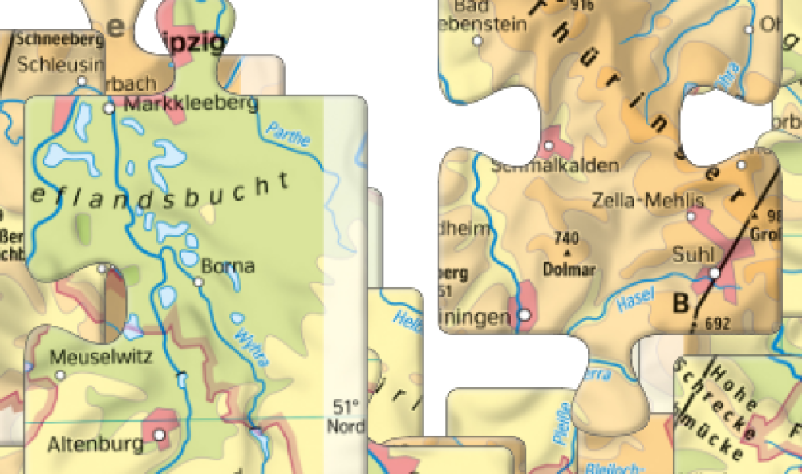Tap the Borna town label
[228, 266]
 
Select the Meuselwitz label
[100, 358]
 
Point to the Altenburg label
[95, 443]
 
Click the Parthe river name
[287, 133]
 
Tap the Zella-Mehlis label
[647, 200]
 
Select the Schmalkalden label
[555, 166]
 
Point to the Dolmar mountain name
[569, 269]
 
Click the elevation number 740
[566, 238]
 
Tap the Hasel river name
[637, 299]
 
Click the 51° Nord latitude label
[346, 415]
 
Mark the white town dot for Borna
[199, 282]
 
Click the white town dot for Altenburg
[160, 435]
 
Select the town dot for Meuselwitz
[59, 375]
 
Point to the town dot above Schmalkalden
[549, 146]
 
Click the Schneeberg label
[59, 38]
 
